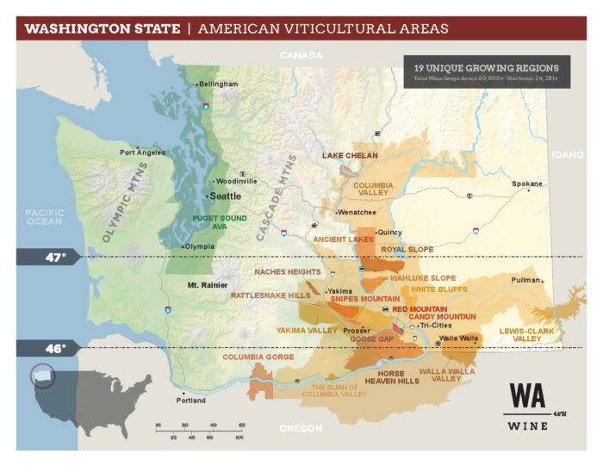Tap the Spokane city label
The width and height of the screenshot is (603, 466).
coord(527,183)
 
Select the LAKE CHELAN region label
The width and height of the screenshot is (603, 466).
coord(351,156)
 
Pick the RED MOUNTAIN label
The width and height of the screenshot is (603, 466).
coord(420,309)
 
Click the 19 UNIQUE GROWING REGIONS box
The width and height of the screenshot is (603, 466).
coord(486,71)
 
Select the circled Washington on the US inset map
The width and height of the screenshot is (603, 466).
coord(41,377)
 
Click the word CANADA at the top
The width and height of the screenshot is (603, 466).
coord(301,55)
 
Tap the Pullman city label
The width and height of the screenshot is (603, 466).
coord(525,281)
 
